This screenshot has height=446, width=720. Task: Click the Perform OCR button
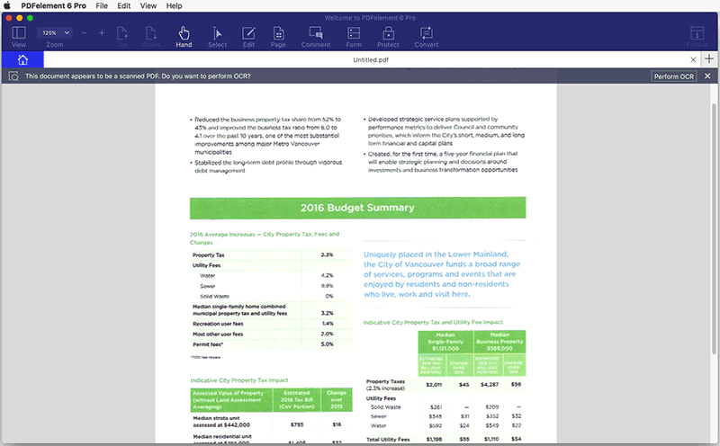674,76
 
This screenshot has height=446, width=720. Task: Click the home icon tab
22,59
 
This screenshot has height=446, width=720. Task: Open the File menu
101,5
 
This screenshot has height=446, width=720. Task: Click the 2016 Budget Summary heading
357,208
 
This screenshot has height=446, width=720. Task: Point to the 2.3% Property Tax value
327,254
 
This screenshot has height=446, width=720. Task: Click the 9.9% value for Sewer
327,285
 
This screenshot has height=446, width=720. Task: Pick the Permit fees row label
208,344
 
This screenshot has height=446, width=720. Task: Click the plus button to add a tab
709,59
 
